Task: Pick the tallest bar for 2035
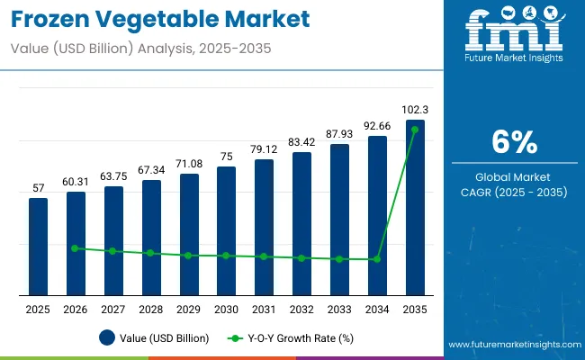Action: tap(415, 207)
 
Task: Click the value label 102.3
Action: tap(415, 110)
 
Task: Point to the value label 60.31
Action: tap(76, 182)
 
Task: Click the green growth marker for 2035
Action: tap(415, 130)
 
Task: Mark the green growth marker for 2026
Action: tap(76, 248)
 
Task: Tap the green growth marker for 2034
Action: tap(377, 259)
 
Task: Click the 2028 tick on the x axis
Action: tap(151, 310)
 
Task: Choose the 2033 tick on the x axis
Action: tap(339, 310)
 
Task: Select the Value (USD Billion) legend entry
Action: tap(154, 338)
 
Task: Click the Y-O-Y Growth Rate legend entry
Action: tap(289, 338)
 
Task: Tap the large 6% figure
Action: tap(515, 142)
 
